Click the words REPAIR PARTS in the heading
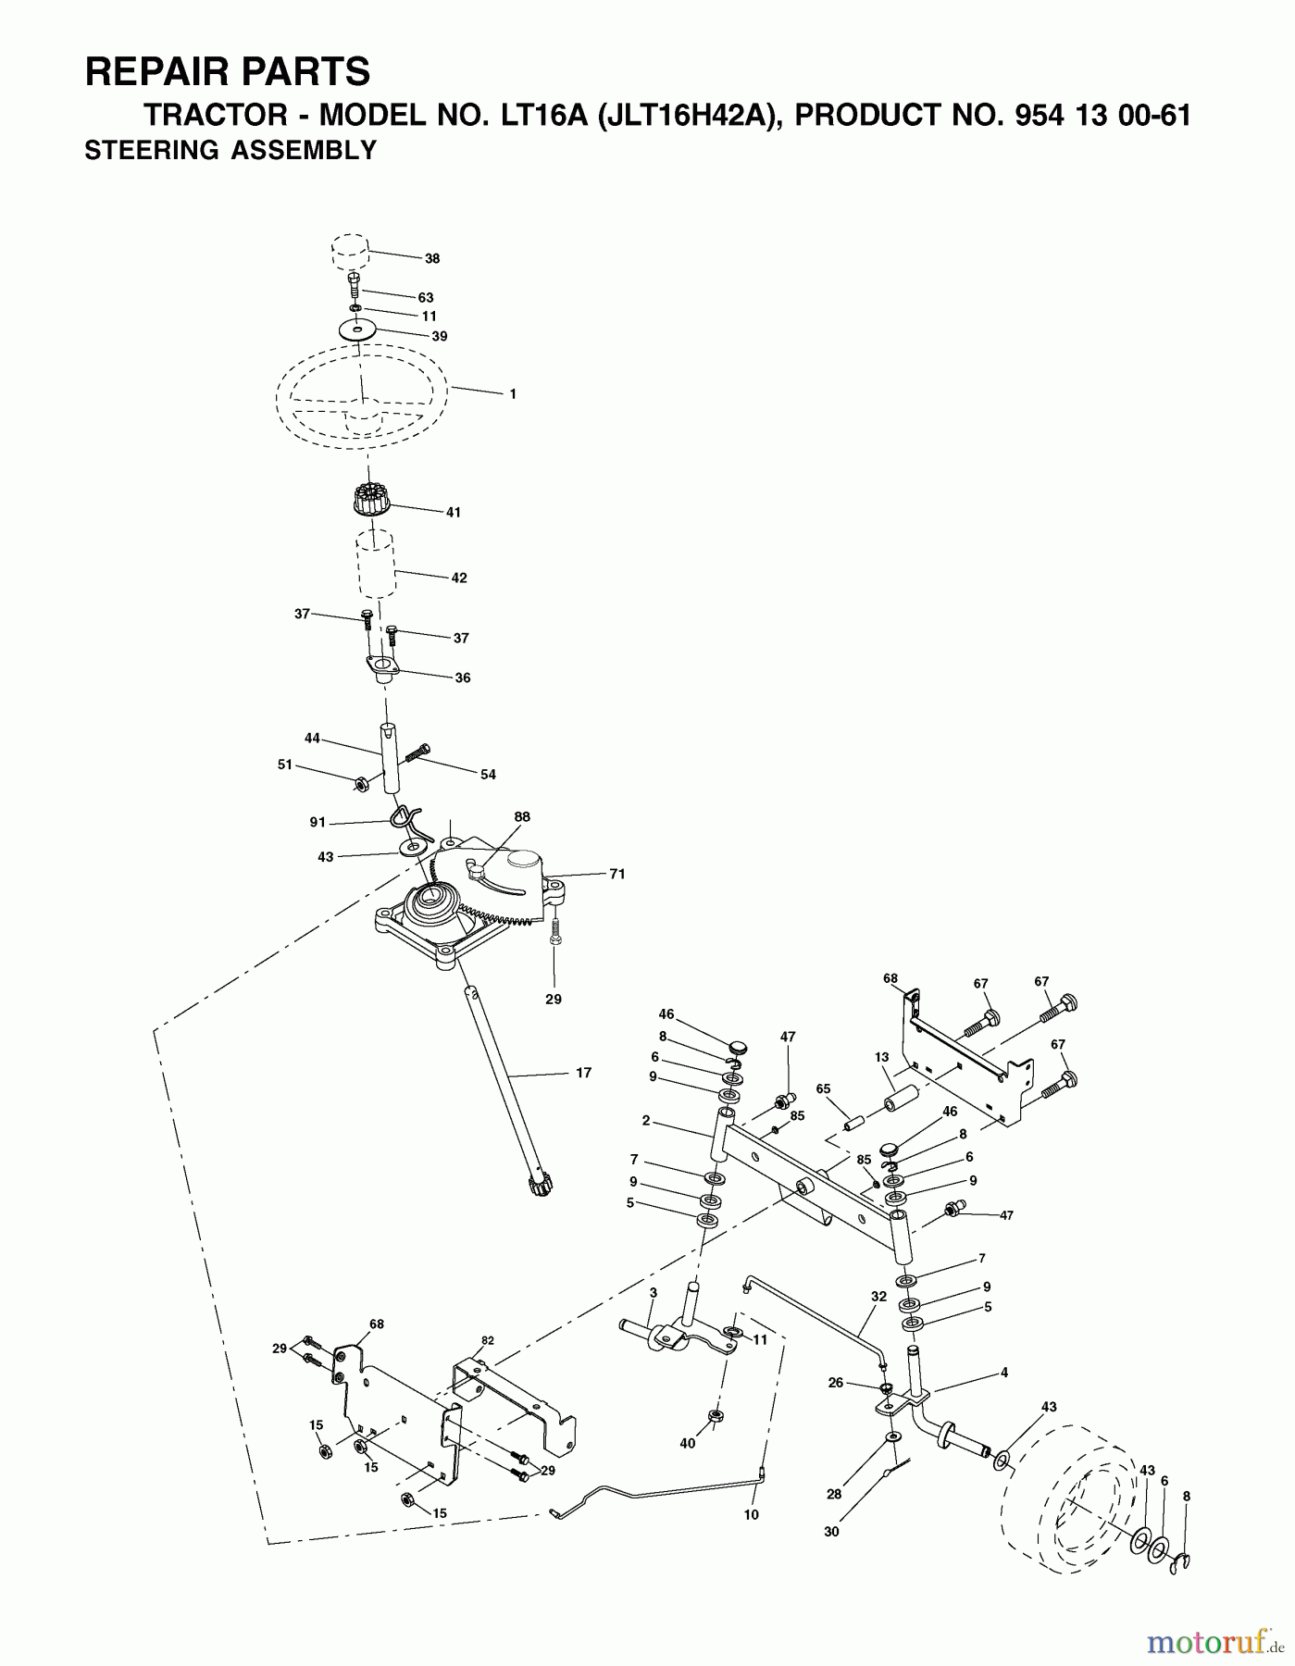click(x=228, y=71)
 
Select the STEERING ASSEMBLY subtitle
click(x=230, y=150)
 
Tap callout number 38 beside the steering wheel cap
click(x=432, y=259)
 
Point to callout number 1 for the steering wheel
click(x=513, y=394)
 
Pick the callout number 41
click(x=453, y=512)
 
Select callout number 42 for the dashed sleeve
click(x=459, y=578)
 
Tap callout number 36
click(x=463, y=678)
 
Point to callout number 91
click(x=318, y=821)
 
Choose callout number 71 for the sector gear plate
click(x=616, y=874)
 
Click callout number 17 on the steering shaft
click(x=583, y=1074)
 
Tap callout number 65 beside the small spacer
click(x=824, y=1089)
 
